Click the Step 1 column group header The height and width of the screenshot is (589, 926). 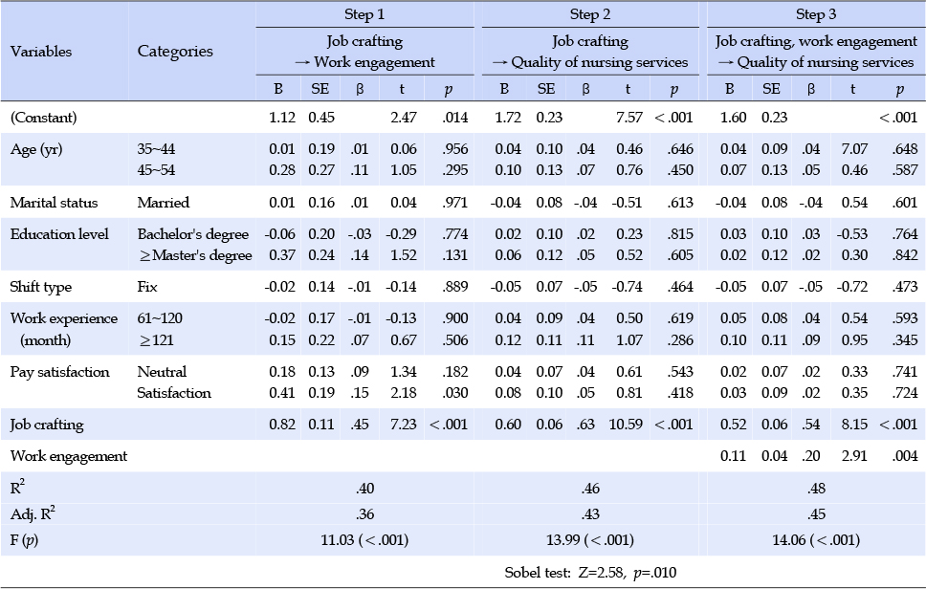pos(364,14)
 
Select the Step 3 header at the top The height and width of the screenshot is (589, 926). pos(816,14)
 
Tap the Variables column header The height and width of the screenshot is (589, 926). pos(41,52)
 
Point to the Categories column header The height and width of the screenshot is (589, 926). pos(175,52)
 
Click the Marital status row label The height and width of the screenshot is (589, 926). pos(54,203)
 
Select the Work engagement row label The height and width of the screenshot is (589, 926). pos(69,456)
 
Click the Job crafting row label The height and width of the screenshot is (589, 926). pos(47,425)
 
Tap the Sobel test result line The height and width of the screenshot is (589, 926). pos(590,573)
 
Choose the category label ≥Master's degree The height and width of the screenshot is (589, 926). pos(195,255)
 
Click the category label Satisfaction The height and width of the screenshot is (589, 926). pos(174,393)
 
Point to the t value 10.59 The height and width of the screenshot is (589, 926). pos(626,425)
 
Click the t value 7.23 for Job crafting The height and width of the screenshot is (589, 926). pos(404,425)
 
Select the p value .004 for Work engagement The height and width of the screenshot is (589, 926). pos(905,456)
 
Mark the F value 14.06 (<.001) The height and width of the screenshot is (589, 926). pos(816,540)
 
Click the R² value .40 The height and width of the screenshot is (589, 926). pos(365,489)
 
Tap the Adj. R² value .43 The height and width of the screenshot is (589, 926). pos(590,514)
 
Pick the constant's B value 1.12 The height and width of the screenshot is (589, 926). pos(281,118)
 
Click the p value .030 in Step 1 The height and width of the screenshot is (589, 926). pos(454,393)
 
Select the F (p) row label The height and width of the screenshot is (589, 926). pos(24,540)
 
